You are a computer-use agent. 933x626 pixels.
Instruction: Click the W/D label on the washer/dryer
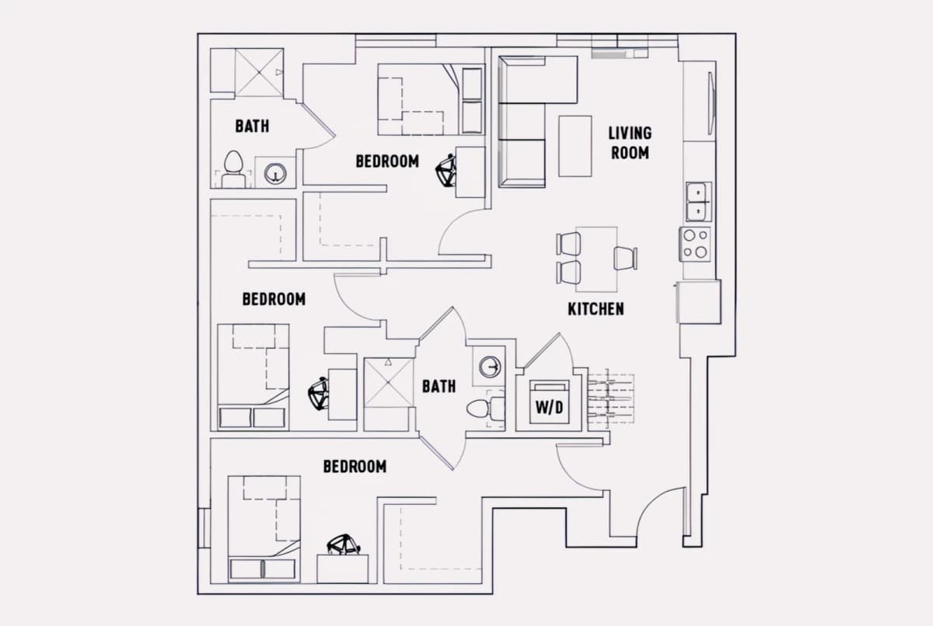[x=549, y=408]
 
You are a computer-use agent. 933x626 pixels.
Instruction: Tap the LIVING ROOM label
[x=630, y=143]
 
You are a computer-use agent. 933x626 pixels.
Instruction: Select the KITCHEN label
[x=596, y=309]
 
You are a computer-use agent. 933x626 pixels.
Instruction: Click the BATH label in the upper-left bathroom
[x=252, y=126]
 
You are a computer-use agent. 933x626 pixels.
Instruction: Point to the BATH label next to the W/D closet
[x=439, y=387]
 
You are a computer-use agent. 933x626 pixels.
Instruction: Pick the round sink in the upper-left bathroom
[x=275, y=173]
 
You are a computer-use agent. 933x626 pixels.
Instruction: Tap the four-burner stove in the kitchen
[x=695, y=244]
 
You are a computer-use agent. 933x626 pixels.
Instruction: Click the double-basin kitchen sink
[x=698, y=202]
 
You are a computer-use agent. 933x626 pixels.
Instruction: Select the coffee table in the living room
[x=575, y=146]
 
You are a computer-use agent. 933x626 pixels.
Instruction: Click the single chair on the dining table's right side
[x=626, y=259]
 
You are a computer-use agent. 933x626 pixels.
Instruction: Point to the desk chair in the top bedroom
[x=446, y=170]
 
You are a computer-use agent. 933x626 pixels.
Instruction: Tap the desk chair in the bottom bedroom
[x=344, y=544]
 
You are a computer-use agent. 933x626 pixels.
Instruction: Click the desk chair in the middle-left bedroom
[x=319, y=394]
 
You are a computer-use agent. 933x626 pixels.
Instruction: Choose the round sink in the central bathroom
[x=490, y=367]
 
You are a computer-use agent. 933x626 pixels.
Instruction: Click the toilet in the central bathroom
[x=485, y=409]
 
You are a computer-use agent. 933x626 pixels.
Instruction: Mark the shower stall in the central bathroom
[x=388, y=382]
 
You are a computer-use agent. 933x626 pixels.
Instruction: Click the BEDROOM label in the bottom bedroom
[x=355, y=467]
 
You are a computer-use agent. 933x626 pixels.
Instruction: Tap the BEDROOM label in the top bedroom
[x=387, y=162]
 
